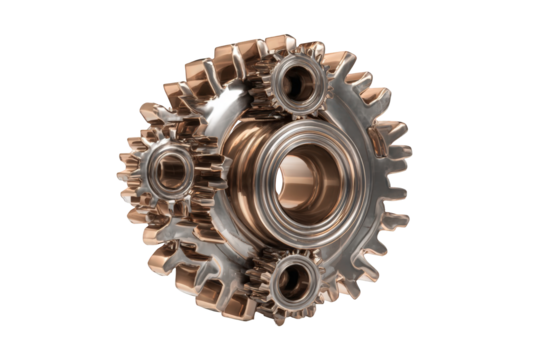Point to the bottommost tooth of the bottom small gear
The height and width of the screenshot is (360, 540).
pos(290,319)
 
